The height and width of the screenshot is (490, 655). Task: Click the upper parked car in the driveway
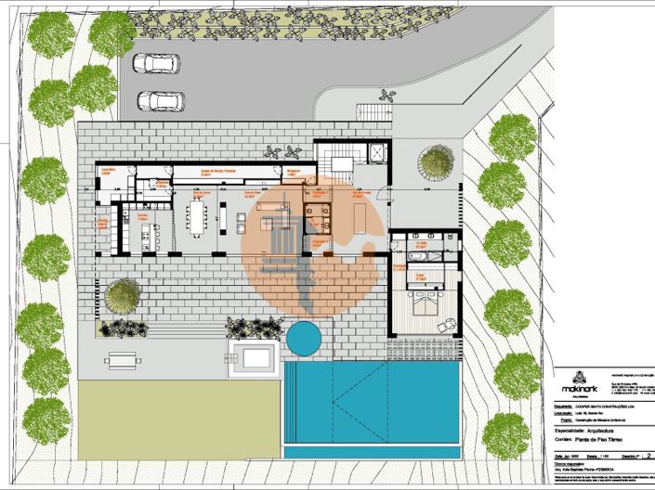tap(151, 64)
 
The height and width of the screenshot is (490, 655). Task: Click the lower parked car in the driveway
tap(161, 101)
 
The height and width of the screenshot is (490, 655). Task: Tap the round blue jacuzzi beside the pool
tap(303, 337)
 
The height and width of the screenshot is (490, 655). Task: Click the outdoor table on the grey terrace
tap(121, 359)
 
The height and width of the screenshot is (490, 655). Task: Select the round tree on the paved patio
tap(123, 296)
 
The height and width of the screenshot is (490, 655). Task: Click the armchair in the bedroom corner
tap(448, 324)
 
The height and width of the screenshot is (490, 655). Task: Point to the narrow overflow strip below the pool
tap(372, 452)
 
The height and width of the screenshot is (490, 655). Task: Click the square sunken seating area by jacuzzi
tap(254, 357)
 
